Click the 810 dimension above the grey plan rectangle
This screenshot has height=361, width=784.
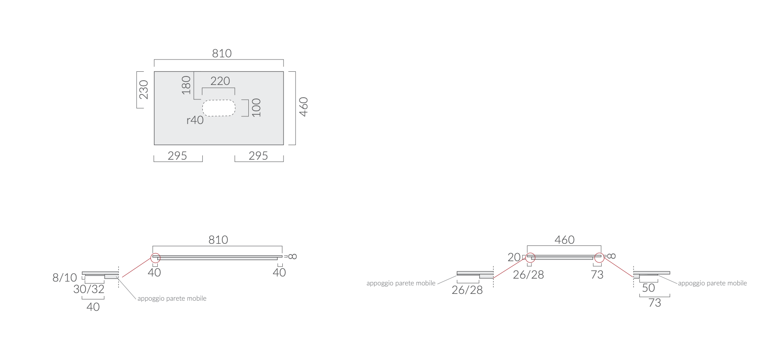222,54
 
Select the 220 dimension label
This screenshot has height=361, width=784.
220,81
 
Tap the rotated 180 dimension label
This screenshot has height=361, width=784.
186,85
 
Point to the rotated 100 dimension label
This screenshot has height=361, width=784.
256,107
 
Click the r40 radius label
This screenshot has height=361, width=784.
195,120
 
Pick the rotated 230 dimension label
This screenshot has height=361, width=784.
144,90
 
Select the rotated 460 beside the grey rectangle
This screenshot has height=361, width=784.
304,107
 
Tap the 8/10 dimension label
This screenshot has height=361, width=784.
65,278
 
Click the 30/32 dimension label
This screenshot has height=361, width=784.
89,289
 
